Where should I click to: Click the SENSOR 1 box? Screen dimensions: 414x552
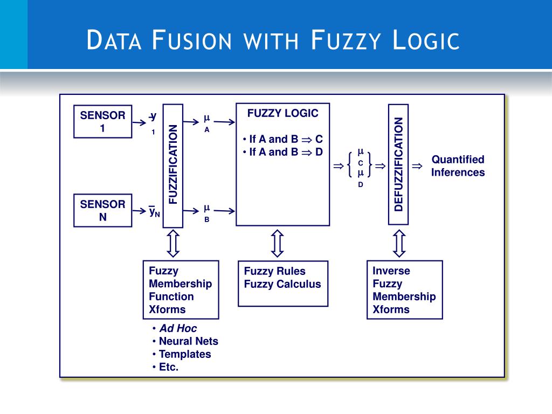click(x=102, y=121)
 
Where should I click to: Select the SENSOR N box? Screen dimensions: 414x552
click(x=102, y=210)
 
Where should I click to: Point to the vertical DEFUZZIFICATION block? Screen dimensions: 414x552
click(x=398, y=164)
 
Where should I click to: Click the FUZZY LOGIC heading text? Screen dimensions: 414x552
click(x=282, y=113)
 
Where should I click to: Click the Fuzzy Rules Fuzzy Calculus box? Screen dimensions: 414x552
click(x=282, y=283)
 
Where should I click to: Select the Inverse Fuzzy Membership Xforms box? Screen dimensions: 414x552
click(x=404, y=289)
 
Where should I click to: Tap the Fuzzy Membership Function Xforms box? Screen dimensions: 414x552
click(x=181, y=289)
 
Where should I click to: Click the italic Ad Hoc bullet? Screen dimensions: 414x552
click(x=178, y=328)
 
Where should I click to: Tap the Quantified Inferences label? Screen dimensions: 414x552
click(x=458, y=166)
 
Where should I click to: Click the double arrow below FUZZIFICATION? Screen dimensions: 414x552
click(x=173, y=244)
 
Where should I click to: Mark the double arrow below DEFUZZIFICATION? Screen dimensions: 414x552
click(x=399, y=244)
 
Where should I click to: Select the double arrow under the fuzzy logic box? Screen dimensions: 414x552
click(x=277, y=244)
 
